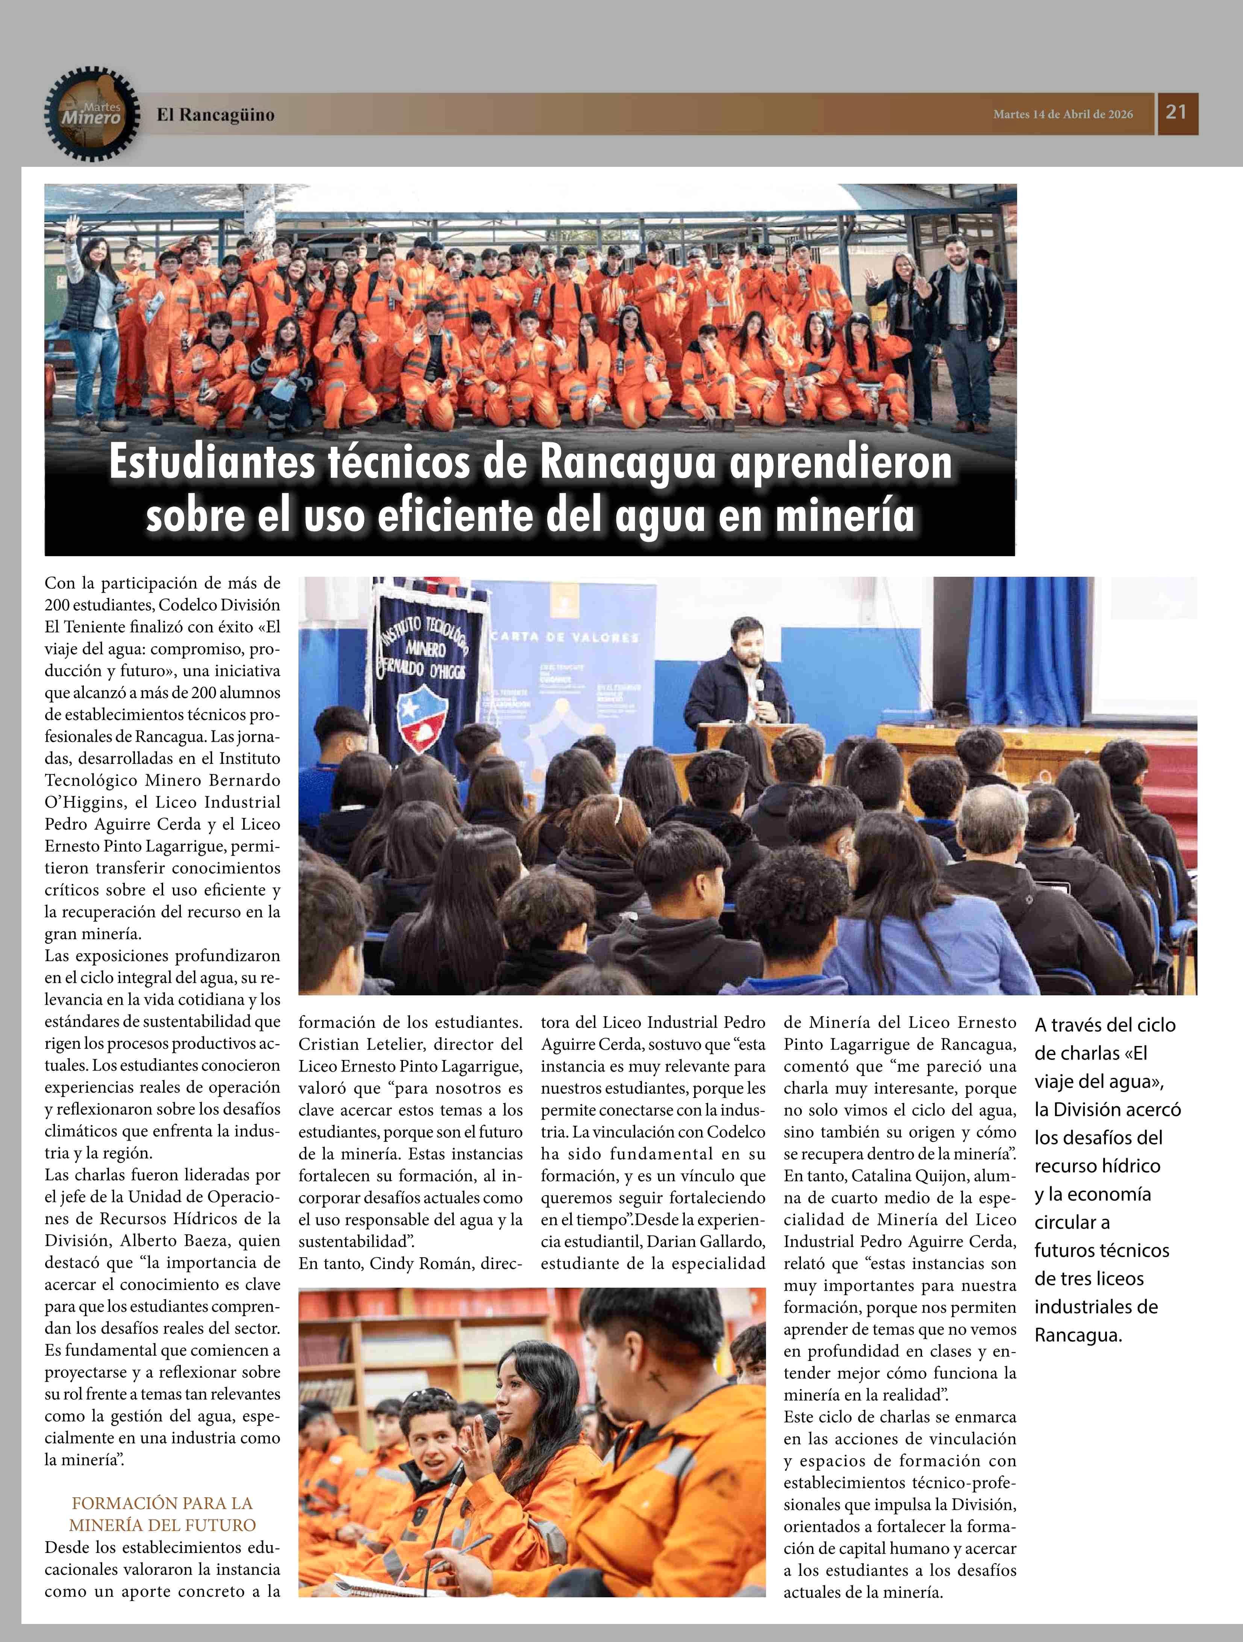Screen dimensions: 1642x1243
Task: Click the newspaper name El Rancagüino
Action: point(215,115)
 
